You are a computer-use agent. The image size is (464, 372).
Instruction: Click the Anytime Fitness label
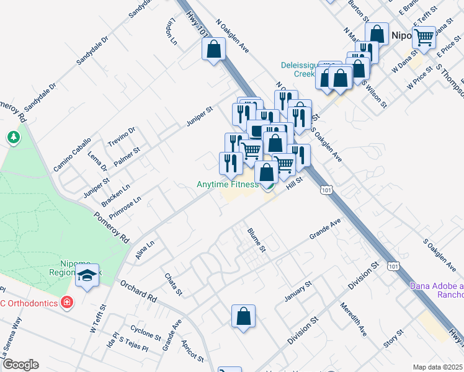click(228, 184)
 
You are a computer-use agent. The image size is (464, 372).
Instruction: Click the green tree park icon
click(13, 137)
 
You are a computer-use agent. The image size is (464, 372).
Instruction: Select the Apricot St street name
click(193, 350)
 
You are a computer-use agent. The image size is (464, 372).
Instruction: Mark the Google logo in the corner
click(20, 364)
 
